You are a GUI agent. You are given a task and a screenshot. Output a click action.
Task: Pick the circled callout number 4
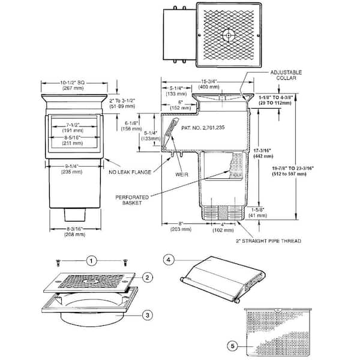[x=169, y=260]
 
